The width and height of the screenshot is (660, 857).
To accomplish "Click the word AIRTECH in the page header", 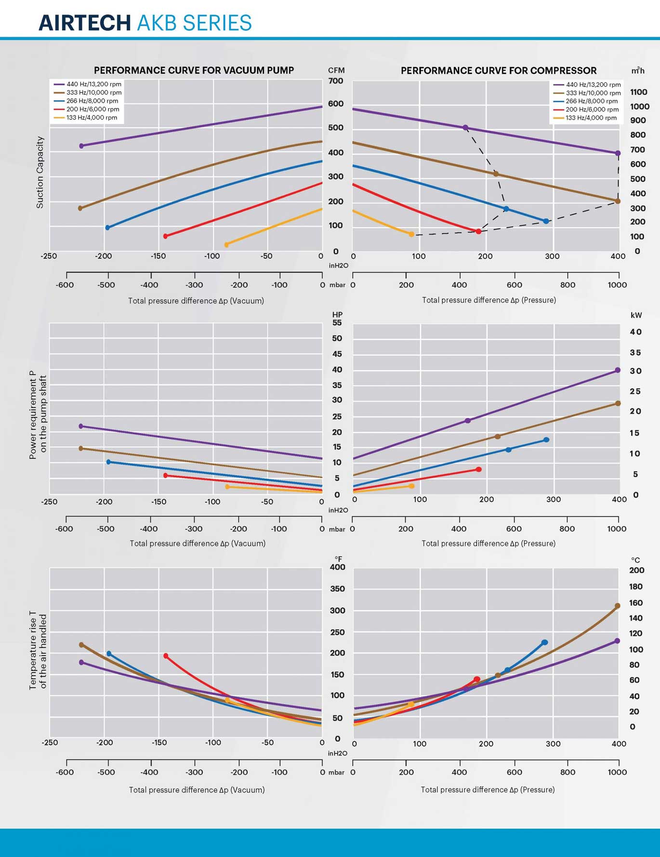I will point(84,23).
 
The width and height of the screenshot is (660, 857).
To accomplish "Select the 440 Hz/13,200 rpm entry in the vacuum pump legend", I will point(93,84).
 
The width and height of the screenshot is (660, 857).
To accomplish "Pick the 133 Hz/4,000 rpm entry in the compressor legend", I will point(591,118).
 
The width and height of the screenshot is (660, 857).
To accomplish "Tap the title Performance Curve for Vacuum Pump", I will point(194,70).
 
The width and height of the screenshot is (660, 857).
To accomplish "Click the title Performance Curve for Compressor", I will point(499,71).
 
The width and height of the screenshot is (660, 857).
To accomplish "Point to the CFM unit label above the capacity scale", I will point(336,70).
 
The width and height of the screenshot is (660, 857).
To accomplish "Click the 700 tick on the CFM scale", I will point(336,81).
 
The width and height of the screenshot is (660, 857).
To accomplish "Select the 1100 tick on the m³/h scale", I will point(638,92).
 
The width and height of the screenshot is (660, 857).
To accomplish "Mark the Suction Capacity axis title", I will point(40,172).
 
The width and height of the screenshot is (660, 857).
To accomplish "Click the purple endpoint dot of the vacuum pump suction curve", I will point(81,146).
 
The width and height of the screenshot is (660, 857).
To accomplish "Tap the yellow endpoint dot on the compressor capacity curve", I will point(411,234).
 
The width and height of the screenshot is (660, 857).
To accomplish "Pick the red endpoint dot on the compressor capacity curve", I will point(478,232).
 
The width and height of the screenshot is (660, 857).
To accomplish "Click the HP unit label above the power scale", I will point(337,315).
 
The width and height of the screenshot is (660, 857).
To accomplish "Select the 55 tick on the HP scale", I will point(337,323).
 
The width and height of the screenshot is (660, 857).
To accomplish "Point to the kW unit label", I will point(636,315).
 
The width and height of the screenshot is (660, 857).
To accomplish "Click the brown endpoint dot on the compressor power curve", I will point(618,403).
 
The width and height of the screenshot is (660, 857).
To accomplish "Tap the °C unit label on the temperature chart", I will point(635,560).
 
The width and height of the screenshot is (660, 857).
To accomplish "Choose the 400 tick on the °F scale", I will point(337,567).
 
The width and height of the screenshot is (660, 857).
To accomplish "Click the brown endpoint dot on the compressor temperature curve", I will point(618,606).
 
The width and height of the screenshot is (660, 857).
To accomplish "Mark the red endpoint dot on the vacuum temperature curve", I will point(166,656).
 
